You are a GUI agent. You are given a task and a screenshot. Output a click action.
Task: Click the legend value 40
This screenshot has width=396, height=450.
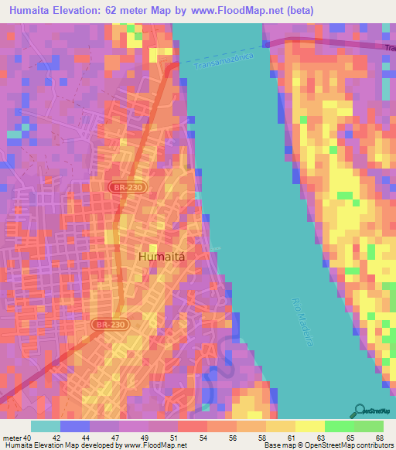click(27, 438)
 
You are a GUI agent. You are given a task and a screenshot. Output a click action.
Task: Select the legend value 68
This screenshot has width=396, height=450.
click(379, 438)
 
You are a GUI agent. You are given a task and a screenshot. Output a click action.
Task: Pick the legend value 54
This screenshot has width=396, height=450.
click(203, 438)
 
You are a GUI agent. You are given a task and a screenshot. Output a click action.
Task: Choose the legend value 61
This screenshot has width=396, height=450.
click(292, 438)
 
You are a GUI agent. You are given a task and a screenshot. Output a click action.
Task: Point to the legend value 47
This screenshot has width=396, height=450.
click(115, 438)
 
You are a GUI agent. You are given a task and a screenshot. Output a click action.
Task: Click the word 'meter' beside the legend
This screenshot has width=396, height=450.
click(12, 438)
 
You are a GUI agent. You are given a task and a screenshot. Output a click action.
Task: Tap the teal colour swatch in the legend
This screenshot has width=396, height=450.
click(46, 426)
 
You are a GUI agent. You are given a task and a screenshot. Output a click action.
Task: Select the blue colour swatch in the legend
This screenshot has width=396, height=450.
click(75, 426)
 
